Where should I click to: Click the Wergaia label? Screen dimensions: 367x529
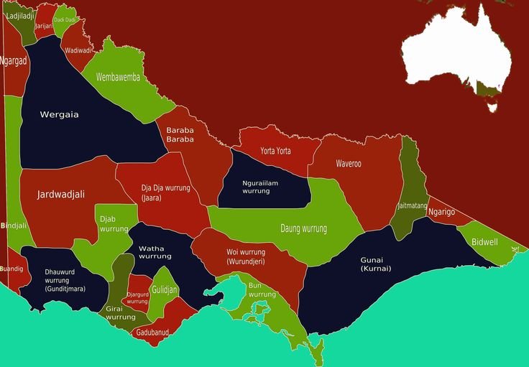coord(59,114)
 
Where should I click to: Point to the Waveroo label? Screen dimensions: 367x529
coord(349,164)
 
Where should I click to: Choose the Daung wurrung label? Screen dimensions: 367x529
coord(303,229)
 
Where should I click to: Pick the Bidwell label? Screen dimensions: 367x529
coord(484,242)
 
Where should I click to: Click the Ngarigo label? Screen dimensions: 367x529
coord(441,212)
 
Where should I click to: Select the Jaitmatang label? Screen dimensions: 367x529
coord(411,205)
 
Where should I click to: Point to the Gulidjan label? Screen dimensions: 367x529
coord(165,289)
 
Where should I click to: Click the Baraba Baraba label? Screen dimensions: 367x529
coord(180,134)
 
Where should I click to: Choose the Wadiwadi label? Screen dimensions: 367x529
coord(78,51)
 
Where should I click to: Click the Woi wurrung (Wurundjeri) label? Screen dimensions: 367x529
coord(246,257)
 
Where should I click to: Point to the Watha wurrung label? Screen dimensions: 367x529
coord(155,252)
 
